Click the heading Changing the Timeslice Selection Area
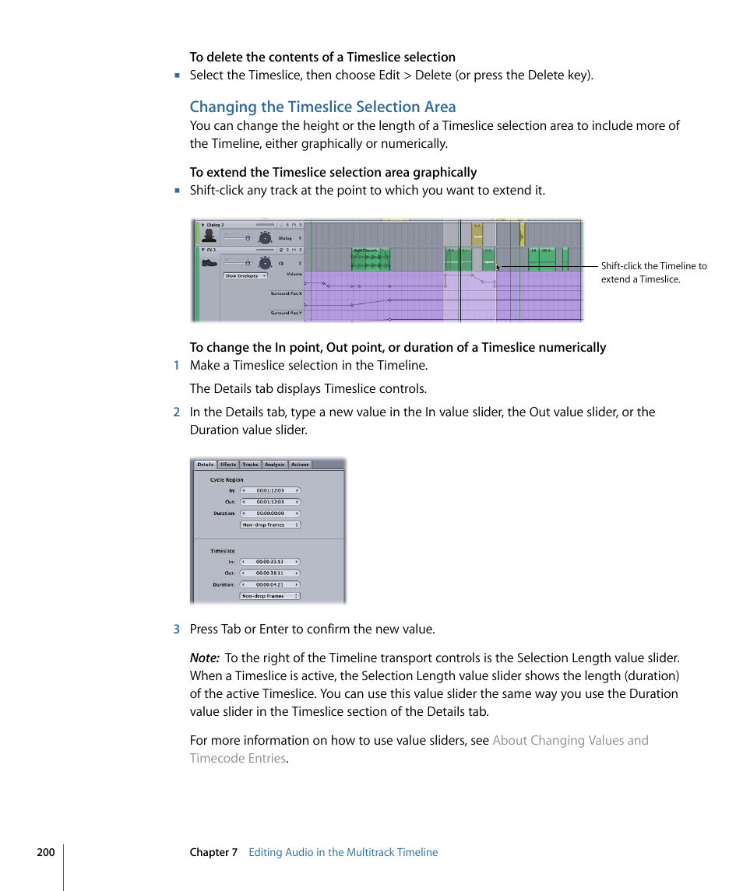322,107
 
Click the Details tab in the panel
205,465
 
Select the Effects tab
227,465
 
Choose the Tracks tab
250,465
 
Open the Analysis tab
274,465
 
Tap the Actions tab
300,465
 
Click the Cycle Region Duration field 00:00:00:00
269,514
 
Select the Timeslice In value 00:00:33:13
269,561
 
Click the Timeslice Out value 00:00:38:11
269,573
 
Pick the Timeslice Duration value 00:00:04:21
269,584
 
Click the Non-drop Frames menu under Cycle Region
269,525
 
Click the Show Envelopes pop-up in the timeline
245,275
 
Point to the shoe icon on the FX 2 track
209,262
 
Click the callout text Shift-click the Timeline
653,266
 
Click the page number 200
46,852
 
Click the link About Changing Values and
570,740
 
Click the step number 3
176,629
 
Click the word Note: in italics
204,658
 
